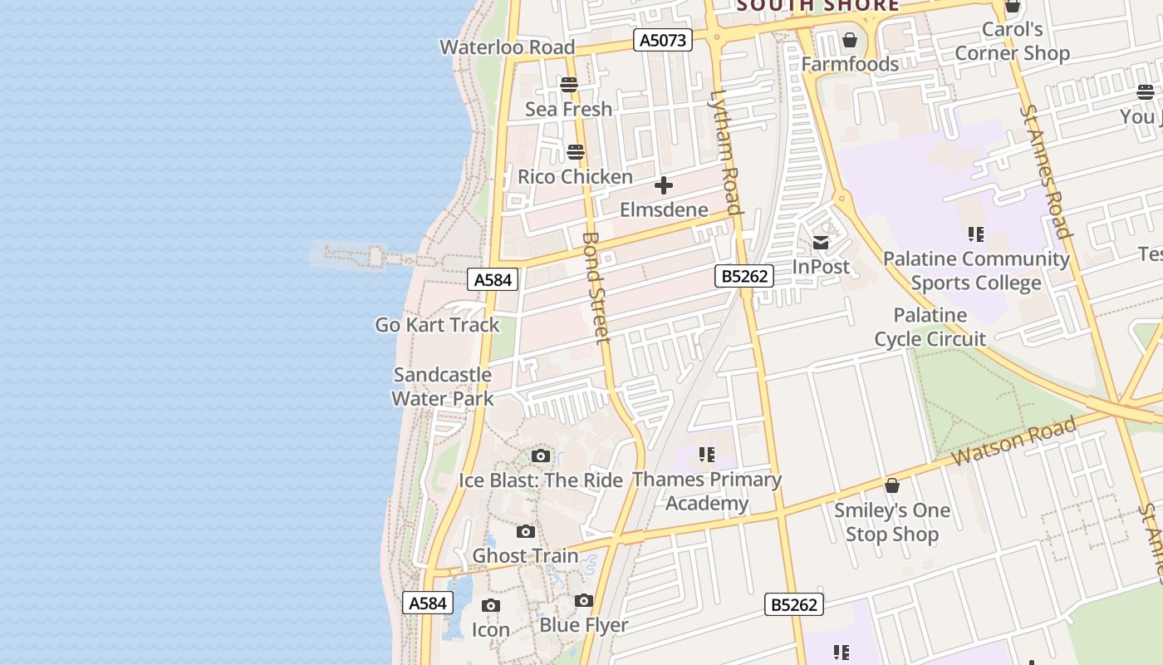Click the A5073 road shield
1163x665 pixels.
pos(662,39)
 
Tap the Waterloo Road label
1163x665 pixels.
pos(508,47)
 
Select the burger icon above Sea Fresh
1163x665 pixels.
pos(569,85)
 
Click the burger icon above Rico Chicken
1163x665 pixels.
pos(576,152)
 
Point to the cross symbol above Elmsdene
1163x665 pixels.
pos(664,185)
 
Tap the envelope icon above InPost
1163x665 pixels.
pos(821,243)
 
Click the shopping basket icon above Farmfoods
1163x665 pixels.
pos(850,40)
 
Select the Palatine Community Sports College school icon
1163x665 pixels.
pos(976,234)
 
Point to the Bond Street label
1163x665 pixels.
pos(596,287)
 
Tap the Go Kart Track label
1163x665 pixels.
pos(437,325)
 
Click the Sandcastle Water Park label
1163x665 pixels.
pos(443,387)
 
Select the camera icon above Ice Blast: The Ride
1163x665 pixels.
pos(541,456)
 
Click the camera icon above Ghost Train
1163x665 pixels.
pos(526,532)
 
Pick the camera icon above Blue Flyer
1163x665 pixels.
pos(584,601)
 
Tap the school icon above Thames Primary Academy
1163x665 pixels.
pos(707,455)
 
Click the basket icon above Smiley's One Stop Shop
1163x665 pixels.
pos(892,485)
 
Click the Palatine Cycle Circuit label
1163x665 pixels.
pos(930,327)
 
